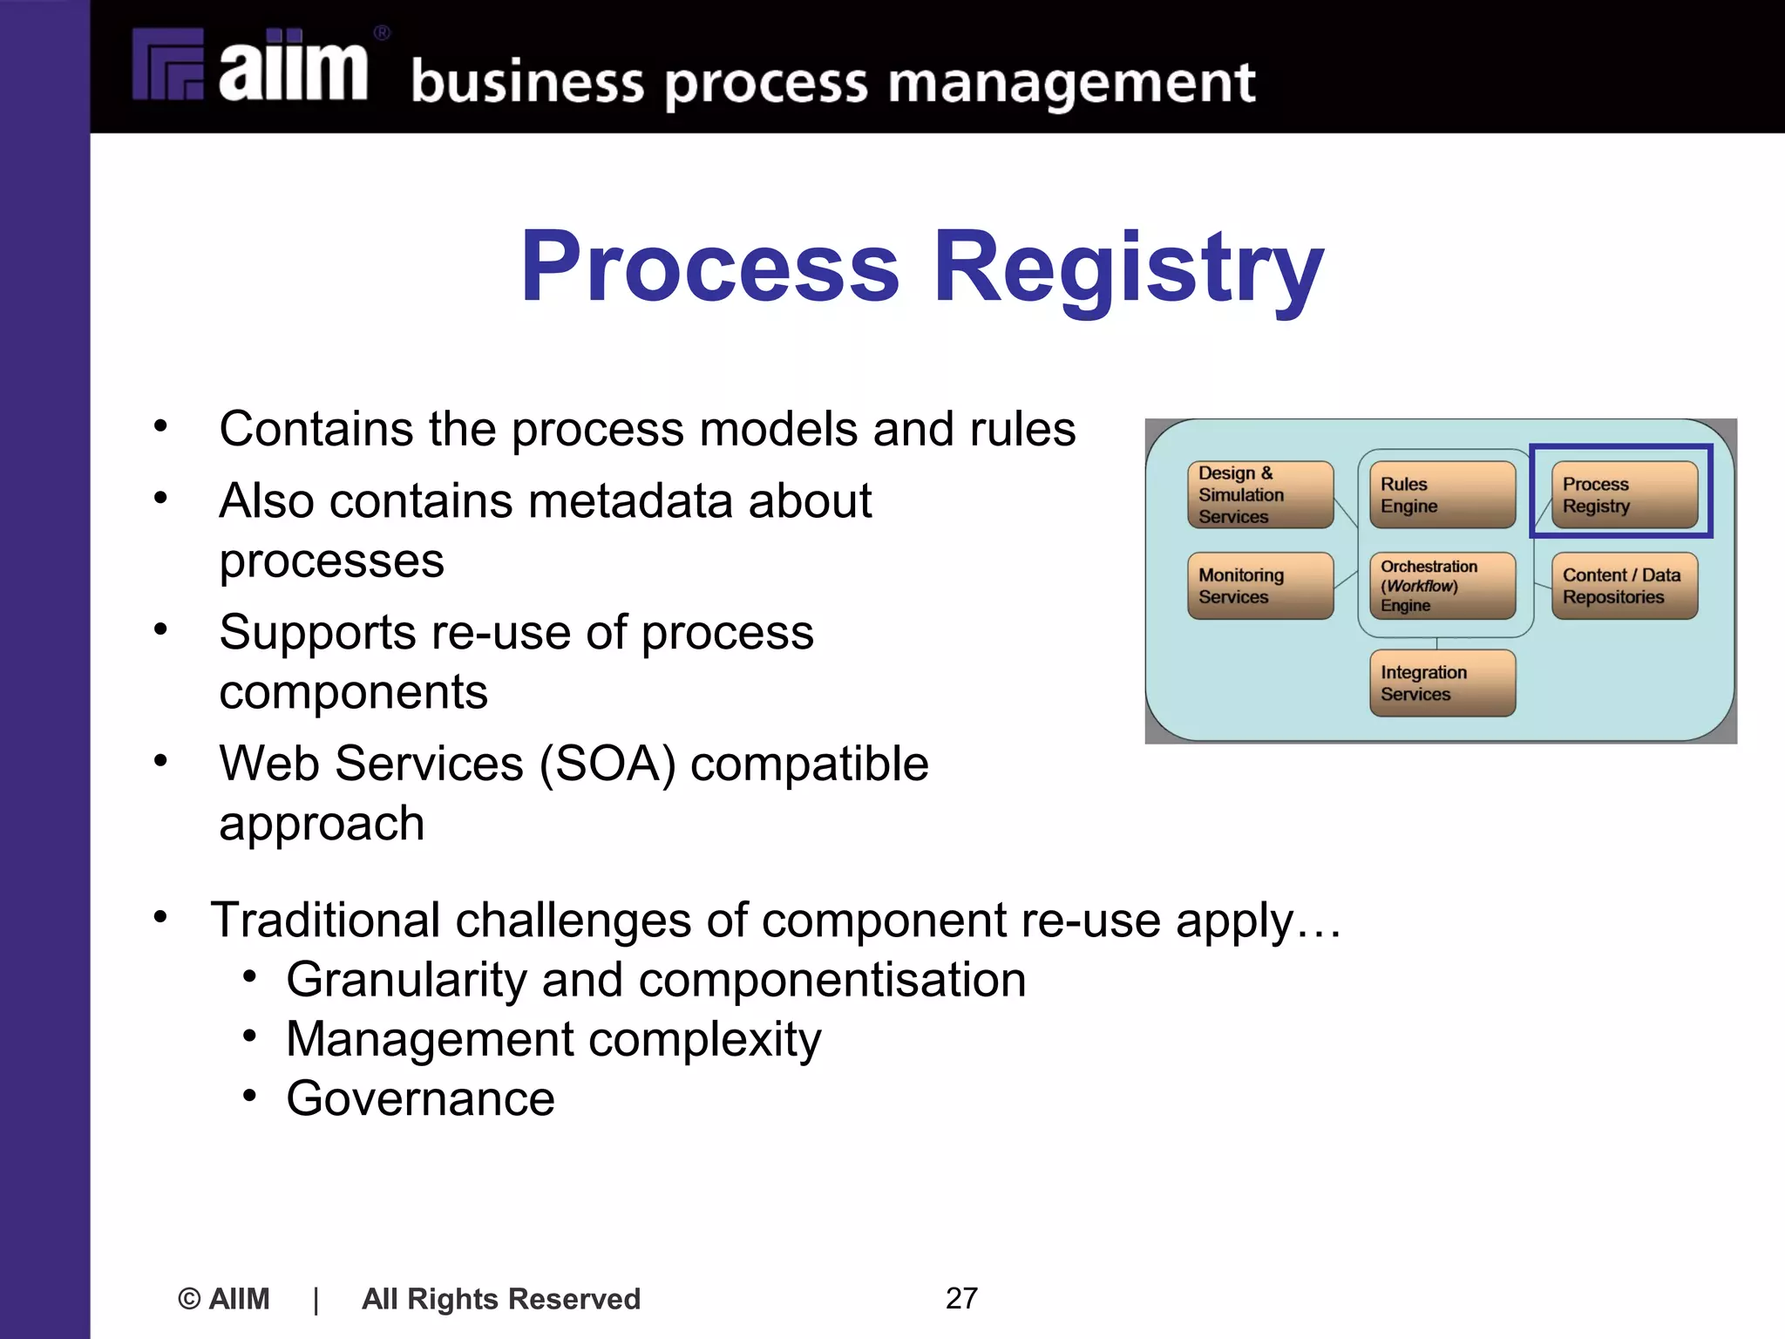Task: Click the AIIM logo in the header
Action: tap(253, 66)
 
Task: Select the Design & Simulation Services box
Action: tap(1259, 495)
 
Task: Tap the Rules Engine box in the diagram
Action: tap(1442, 495)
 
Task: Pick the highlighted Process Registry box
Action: tap(1624, 495)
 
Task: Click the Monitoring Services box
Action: tap(1259, 586)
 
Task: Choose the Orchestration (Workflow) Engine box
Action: tap(1442, 586)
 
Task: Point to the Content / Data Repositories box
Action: tap(1624, 586)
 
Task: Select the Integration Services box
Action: tap(1442, 683)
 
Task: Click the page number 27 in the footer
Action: tap(961, 1298)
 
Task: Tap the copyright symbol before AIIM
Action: tap(189, 1299)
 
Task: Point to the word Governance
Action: tap(420, 1098)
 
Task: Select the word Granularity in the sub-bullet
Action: tap(406, 980)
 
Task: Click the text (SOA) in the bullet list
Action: tap(607, 764)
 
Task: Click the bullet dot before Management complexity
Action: tap(250, 1037)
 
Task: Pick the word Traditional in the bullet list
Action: tap(325, 921)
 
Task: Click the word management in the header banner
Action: tap(1071, 84)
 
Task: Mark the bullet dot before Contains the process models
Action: tap(160, 427)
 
